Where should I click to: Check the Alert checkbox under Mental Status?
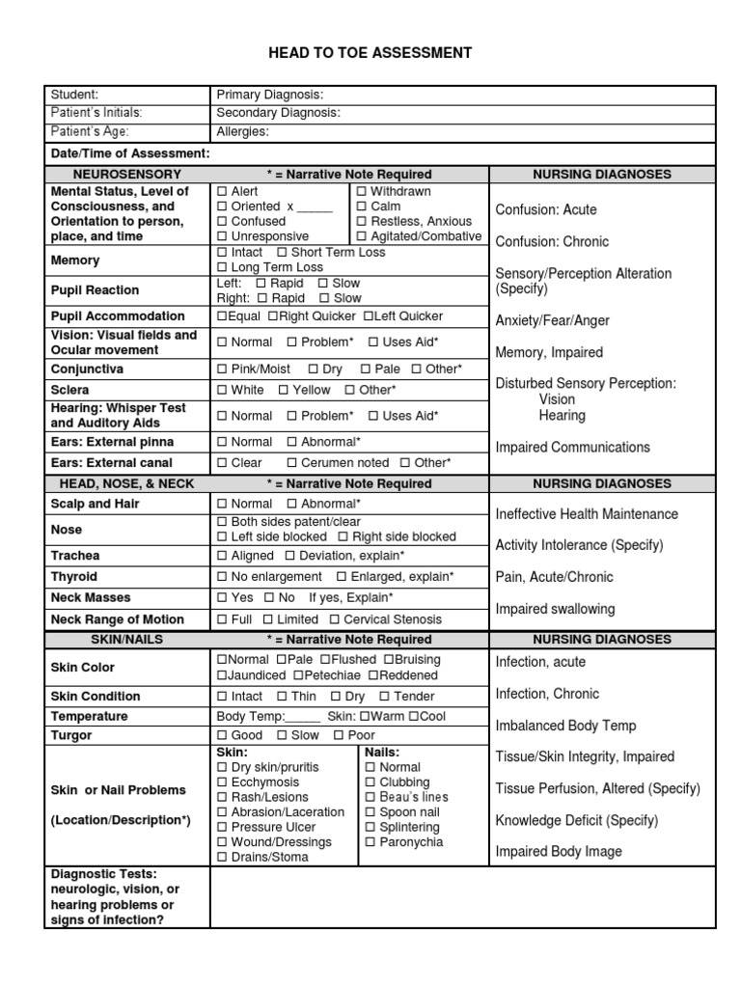pos(222,192)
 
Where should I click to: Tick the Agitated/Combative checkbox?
pos(361,236)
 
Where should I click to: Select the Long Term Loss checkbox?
pos(222,267)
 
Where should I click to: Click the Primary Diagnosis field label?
pos(269,95)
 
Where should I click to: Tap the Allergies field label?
pos(242,131)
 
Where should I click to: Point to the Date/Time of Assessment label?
pos(129,153)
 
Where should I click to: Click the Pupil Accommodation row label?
pos(118,316)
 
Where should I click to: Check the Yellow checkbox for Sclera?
pos(283,390)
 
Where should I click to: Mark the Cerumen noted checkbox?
pos(292,463)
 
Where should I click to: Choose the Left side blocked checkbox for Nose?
pos(222,536)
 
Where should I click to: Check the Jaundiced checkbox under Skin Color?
pos(222,675)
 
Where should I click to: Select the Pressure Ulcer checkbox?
pos(222,827)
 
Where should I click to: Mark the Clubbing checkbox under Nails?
pos(370,782)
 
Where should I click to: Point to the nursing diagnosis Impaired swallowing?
pos(555,609)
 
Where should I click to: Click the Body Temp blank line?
pos(303,717)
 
